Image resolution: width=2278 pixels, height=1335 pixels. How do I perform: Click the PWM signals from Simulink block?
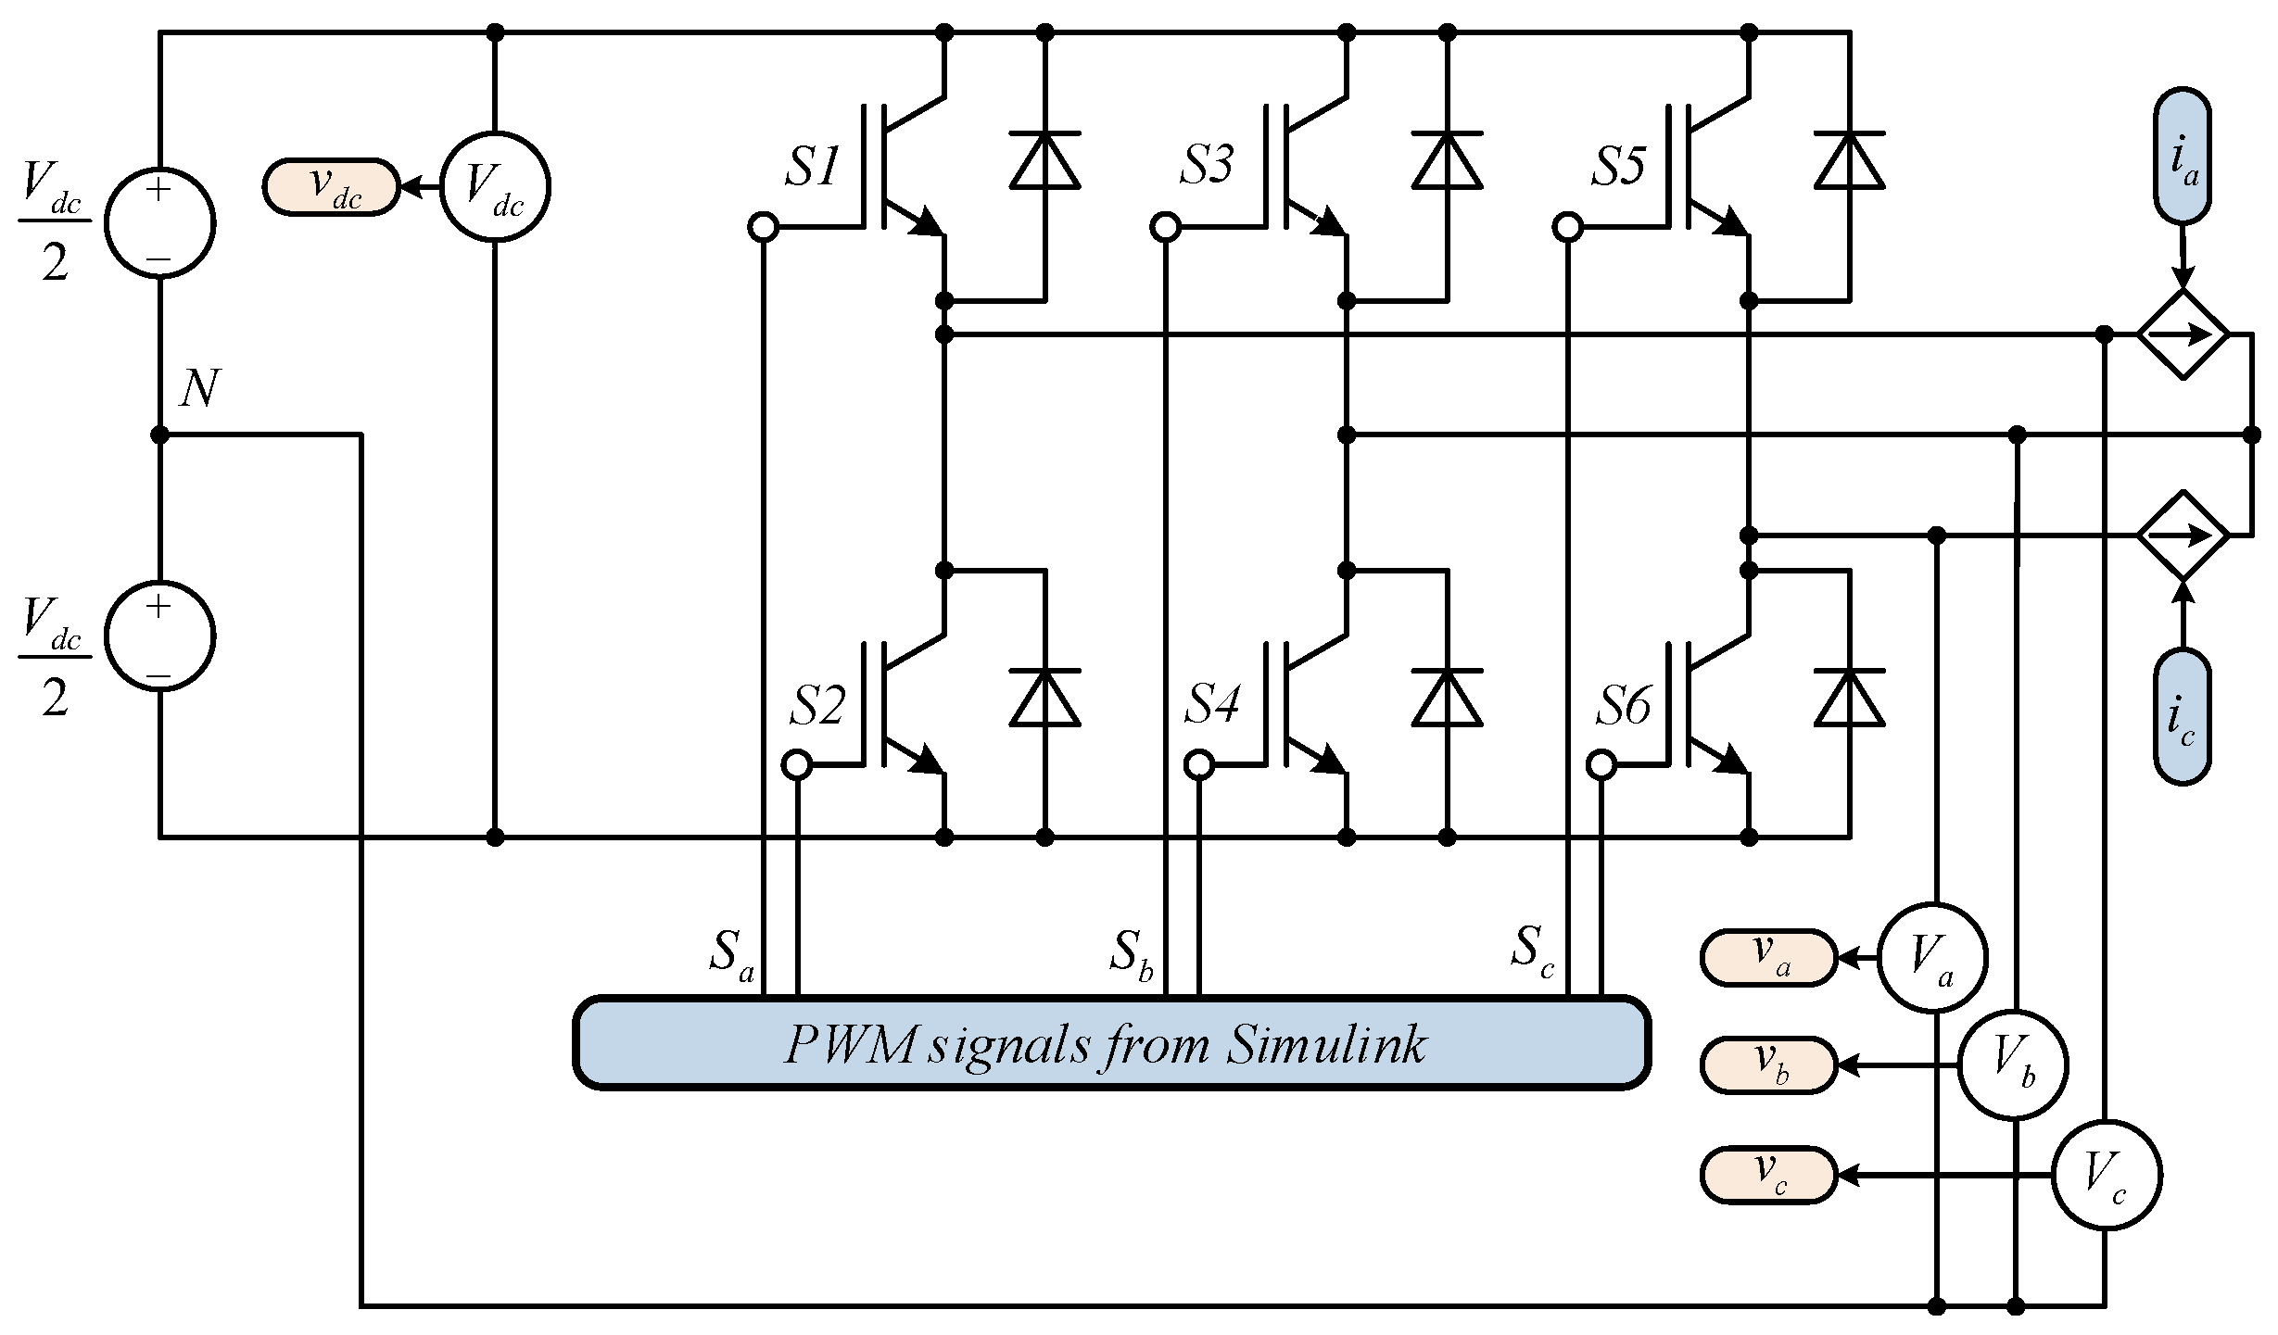point(1111,1041)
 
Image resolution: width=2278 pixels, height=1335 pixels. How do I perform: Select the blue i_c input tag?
point(2183,717)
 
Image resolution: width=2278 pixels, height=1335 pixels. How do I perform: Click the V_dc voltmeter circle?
point(494,187)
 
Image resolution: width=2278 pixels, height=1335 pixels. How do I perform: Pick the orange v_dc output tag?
point(331,187)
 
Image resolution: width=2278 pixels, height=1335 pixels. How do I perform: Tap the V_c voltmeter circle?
point(2106,1176)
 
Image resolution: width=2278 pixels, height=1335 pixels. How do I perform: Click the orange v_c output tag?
point(1767,1176)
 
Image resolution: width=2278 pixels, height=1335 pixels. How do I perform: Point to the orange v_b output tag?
point(1767,1065)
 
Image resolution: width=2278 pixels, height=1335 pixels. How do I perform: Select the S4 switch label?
point(1212,705)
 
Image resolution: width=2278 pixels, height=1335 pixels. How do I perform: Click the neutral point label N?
point(198,389)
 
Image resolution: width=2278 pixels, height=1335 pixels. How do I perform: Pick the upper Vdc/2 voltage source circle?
point(159,223)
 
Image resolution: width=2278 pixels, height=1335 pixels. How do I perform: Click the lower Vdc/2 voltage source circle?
point(159,636)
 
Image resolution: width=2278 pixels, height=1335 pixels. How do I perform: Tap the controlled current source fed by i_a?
point(2183,334)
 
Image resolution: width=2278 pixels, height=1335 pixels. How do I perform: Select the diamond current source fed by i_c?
point(2183,535)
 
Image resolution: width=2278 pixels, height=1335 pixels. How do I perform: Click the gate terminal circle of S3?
point(1165,226)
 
